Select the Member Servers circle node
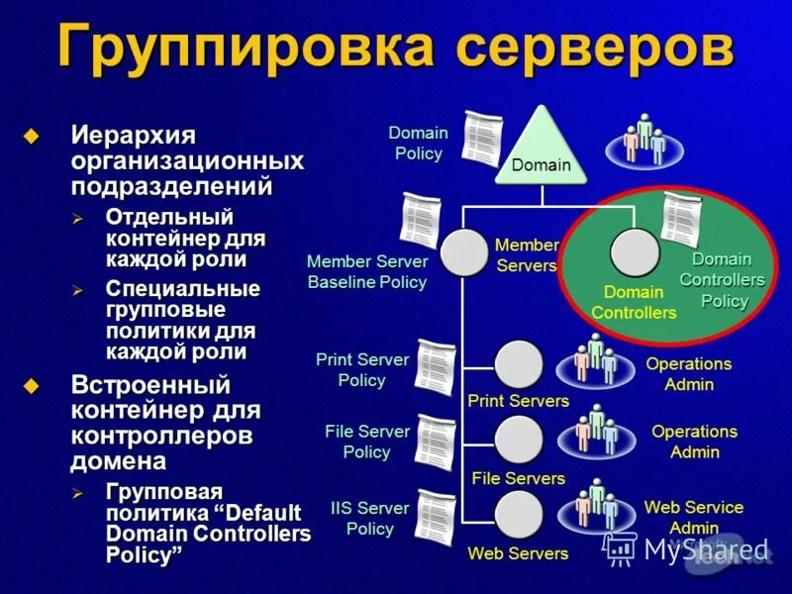pyautogui.click(x=463, y=252)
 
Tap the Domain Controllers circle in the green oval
pyautogui.click(x=635, y=252)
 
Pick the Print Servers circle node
pyautogui.click(x=518, y=364)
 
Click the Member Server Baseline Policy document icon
pyautogui.click(x=421, y=220)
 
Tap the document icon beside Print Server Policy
pyautogui.click(x=435, y=367)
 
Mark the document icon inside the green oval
pyautogui.click(x=681, y=219)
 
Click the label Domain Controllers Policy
pyautogui.click(x=722, y=280)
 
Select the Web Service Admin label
pyautogui.click(x=693, y=517)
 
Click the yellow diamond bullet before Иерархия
pyautogui.click(x=35, y=136)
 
